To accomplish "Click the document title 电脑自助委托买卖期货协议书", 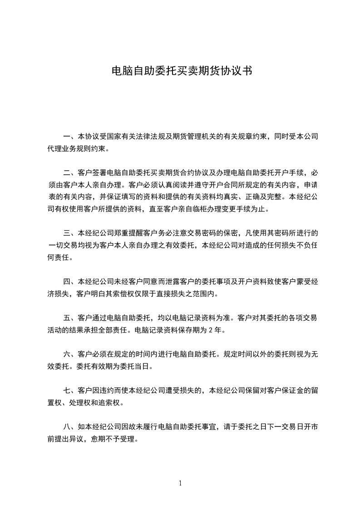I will click(182, 71).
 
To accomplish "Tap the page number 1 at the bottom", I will click(180, 483).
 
